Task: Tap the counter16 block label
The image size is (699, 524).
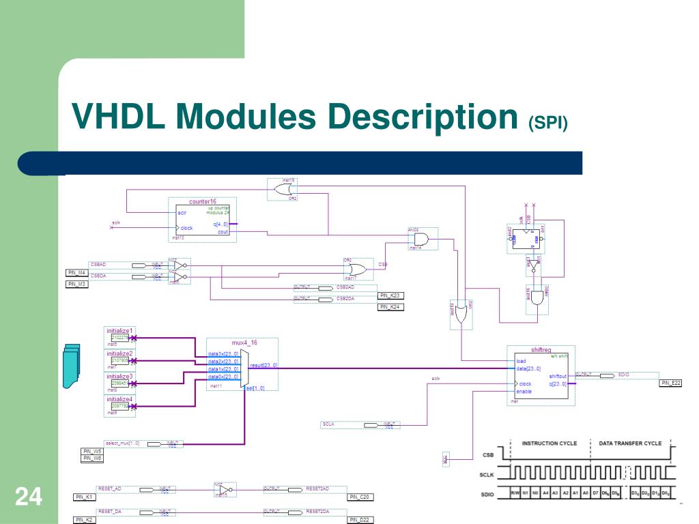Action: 203,201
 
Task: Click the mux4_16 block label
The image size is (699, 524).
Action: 244,343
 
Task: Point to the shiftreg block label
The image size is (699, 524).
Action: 541,350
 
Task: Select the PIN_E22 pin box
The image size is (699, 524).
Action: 670,383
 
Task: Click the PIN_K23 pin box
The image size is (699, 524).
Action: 391,295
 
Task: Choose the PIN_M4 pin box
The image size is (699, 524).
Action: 77,273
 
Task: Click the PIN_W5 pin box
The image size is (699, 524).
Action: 92,451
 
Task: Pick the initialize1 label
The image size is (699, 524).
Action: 119,331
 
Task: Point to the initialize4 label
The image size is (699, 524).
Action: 119,399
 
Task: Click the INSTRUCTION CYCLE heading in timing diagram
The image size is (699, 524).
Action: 549,443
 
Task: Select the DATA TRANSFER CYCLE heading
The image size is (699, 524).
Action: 630,443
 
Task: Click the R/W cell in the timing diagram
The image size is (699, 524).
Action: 515,493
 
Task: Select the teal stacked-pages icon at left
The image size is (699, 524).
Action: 71,365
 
